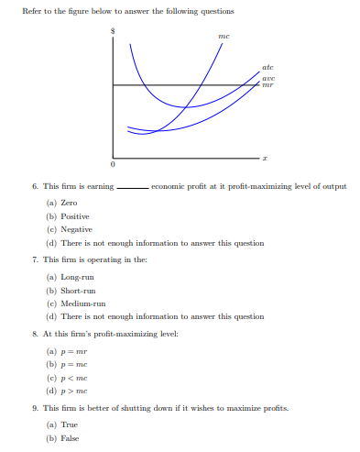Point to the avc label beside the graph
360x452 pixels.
coord(267,78)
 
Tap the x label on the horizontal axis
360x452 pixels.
coord(264,159)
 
